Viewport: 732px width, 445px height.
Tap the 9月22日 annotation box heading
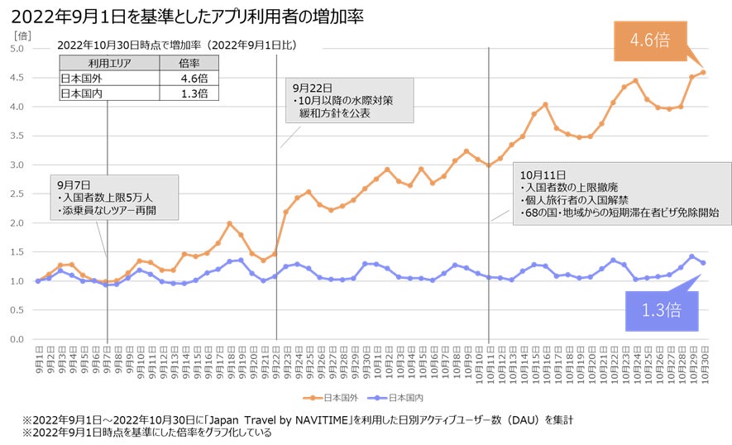[309, 86]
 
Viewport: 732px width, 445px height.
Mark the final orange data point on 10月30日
[703, 72]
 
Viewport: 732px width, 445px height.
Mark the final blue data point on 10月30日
[703, 263]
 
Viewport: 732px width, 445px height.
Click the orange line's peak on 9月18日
[230, 223]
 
